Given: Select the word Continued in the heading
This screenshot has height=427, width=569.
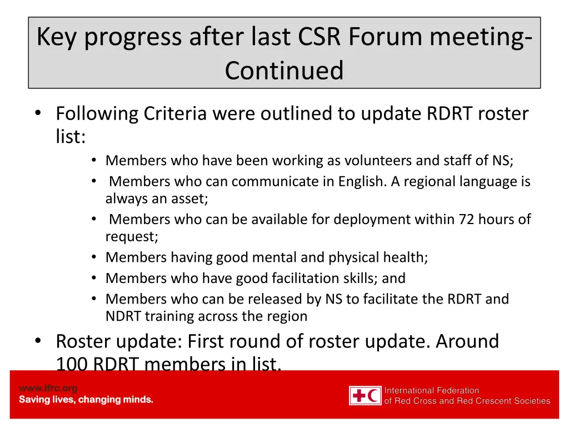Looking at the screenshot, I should pos(284,71).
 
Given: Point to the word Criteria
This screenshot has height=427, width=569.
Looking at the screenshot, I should pos(176,113).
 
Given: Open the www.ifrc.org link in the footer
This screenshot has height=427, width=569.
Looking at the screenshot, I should pos(48,388).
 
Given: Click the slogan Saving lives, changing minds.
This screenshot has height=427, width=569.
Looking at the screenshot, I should pos(86,400).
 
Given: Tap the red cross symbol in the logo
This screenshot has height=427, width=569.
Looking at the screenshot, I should pos(358,396).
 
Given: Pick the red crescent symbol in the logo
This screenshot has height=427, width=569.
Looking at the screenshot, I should pos(373,396).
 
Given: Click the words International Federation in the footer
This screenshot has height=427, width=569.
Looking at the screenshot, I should pos(431,390).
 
